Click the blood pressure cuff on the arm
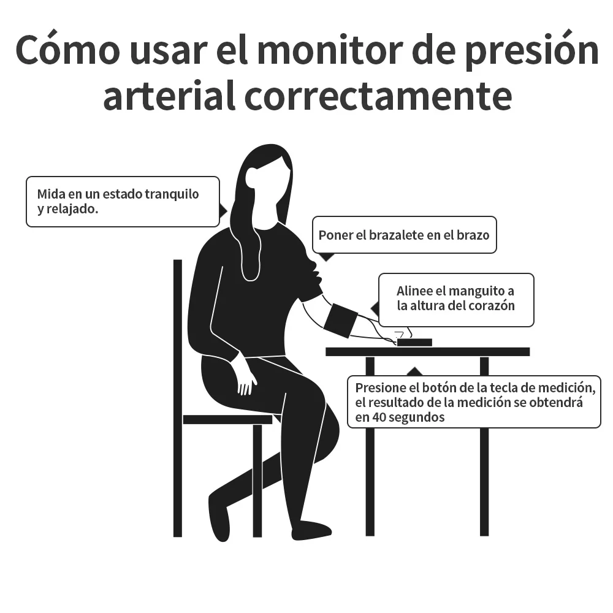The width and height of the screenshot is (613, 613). pyautogui.click(x=340, y=319)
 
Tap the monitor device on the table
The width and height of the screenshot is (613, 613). pyautogui.click(x=414, y=342)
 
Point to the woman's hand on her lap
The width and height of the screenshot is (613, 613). pyautogui.click(x=246, y=379)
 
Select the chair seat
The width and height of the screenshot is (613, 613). pyautogui.click(x=227, y=419)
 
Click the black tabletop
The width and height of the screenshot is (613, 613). pyautogui.click(x=427, y=352)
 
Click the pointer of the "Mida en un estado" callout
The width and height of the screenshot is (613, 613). pyautogui.click(x=223, y=211)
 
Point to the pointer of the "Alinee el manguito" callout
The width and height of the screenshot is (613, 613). pyautogui.click(x=374, y=307)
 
